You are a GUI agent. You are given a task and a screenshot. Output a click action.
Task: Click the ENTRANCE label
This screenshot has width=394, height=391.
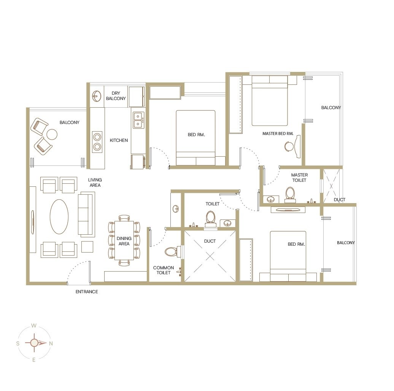87,292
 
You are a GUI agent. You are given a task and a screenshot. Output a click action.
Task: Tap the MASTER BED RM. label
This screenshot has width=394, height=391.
278,134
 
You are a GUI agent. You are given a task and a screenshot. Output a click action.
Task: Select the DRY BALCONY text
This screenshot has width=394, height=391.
116,96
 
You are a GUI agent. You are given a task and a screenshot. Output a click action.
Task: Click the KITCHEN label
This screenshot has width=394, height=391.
119,140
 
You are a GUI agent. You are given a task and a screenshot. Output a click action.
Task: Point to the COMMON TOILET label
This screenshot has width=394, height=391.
164,270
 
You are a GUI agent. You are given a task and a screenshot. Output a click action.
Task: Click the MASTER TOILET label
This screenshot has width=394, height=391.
299,178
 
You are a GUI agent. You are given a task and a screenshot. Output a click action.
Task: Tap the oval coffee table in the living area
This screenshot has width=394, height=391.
59,216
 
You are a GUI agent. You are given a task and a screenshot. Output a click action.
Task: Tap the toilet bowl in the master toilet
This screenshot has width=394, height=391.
290,194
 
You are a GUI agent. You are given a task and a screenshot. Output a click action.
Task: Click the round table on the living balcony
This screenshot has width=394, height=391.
52,134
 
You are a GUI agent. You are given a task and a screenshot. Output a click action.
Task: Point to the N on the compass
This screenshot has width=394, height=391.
51,343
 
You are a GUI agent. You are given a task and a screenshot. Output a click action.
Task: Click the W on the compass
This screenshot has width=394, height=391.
34,326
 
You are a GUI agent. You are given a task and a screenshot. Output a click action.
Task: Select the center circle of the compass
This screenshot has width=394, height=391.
34,343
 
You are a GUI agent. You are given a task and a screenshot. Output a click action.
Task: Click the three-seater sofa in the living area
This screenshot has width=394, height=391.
86,215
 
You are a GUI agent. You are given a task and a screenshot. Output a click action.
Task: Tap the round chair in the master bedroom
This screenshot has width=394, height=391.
289,146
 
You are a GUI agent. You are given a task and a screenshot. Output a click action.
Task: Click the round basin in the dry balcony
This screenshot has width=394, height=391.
97,96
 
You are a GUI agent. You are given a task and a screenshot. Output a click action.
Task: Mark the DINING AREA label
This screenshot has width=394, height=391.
124,241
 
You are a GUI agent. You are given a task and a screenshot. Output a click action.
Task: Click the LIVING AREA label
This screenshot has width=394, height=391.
95,183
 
